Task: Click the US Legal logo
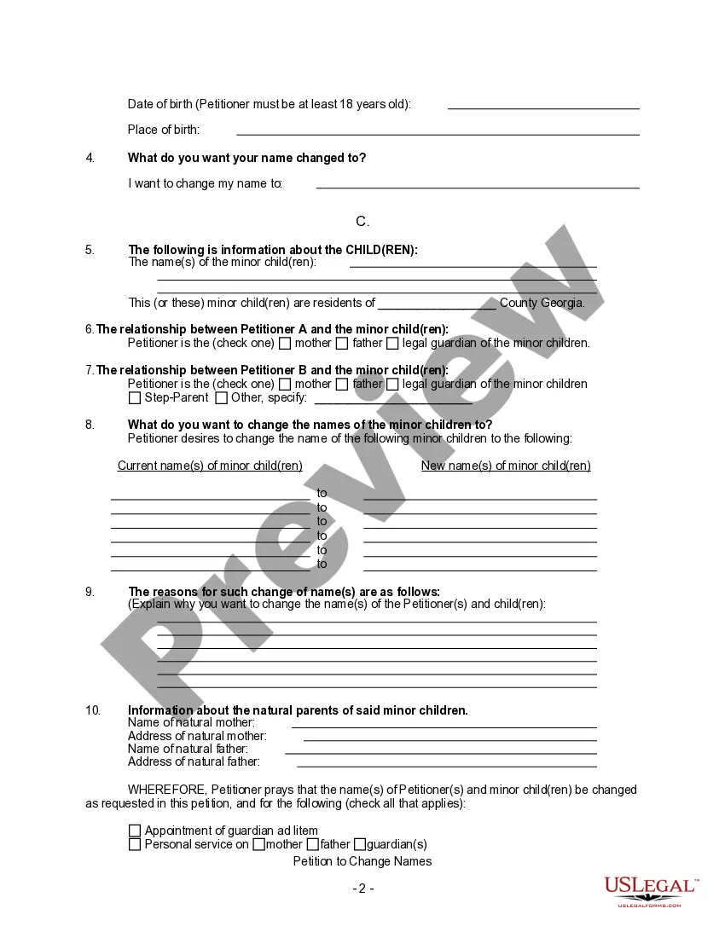652,891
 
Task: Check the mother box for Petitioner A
286,344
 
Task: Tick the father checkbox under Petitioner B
342,385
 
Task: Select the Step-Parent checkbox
135,398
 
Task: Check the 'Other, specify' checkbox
221,398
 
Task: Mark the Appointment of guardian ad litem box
135,831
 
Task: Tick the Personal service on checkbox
135,845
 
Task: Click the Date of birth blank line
543,107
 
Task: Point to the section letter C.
362,222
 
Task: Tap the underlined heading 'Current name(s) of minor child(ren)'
210,466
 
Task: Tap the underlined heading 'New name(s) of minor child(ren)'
506,466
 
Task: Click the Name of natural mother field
444,725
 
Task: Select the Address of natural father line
446,764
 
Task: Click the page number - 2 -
363,889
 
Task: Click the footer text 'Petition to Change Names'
362,861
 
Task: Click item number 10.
93,710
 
